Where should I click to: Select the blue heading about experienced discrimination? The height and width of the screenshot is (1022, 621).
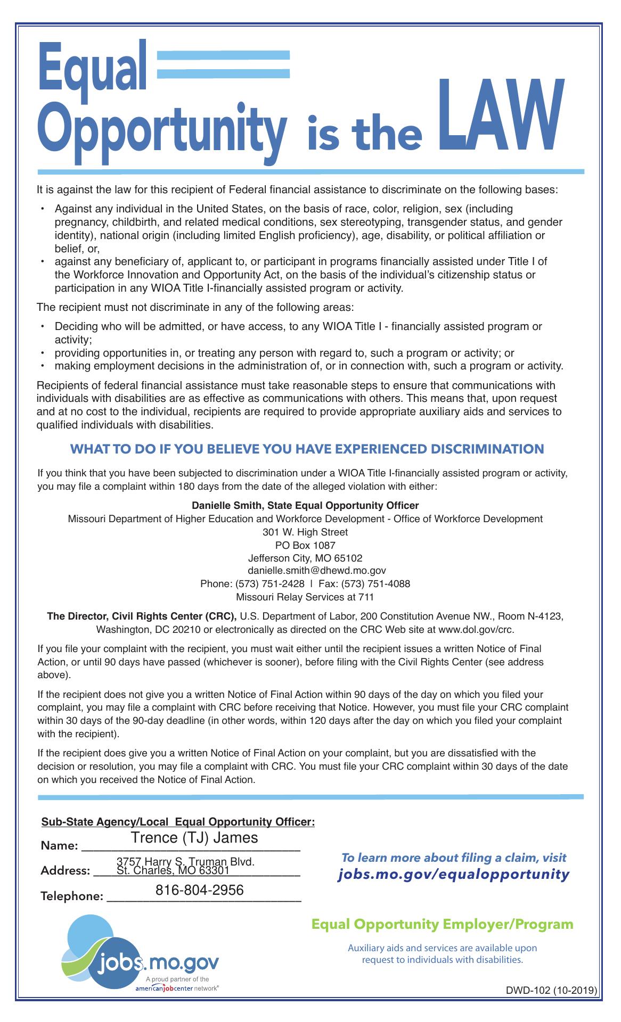307,449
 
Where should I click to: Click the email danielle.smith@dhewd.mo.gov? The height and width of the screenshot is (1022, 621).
309,571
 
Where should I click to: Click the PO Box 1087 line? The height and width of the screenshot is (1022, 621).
305,545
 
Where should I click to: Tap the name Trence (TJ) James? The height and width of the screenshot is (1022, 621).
194,837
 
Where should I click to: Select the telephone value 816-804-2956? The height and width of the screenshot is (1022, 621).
200,889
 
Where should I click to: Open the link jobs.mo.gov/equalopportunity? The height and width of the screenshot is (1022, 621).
454,874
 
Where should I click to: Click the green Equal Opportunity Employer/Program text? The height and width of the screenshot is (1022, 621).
442,924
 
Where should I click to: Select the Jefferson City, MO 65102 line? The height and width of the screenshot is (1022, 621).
305,558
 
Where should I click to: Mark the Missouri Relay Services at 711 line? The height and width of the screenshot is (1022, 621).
305,597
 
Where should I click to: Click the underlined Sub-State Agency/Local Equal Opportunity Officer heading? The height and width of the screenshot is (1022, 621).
178,822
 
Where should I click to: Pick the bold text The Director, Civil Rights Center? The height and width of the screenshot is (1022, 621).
142,616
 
